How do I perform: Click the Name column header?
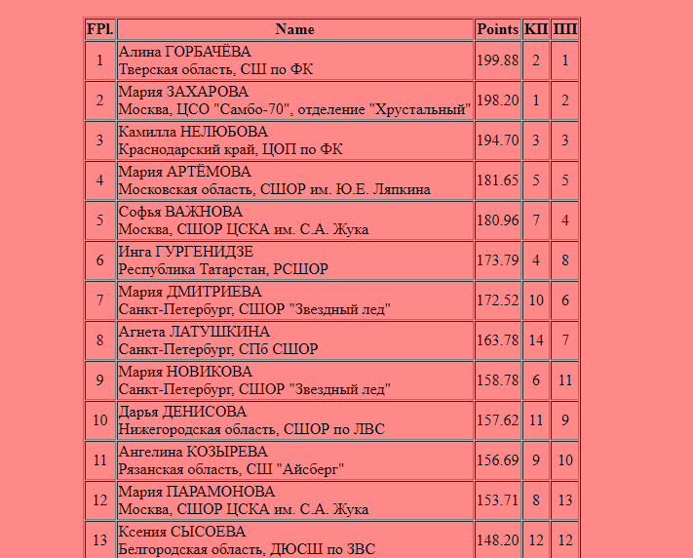[294, 29]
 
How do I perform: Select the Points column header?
[497, 29]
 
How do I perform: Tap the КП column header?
[536, 29]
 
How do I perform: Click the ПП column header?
[564, 29]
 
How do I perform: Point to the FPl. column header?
[99, 29]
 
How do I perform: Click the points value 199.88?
[497, 60]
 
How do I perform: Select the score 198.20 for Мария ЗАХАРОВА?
[497, 100]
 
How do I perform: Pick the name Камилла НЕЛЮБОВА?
[193, 132]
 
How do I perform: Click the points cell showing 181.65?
[497, 180]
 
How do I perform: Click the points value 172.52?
[497, 300]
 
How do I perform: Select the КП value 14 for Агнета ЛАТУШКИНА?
[536, 340]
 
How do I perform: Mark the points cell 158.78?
[497, 380]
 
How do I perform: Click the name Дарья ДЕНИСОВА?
[182, 412]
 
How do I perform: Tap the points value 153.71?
[497, 500]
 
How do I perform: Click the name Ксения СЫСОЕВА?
[181, 532]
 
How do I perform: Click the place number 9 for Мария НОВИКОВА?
[99, 380]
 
